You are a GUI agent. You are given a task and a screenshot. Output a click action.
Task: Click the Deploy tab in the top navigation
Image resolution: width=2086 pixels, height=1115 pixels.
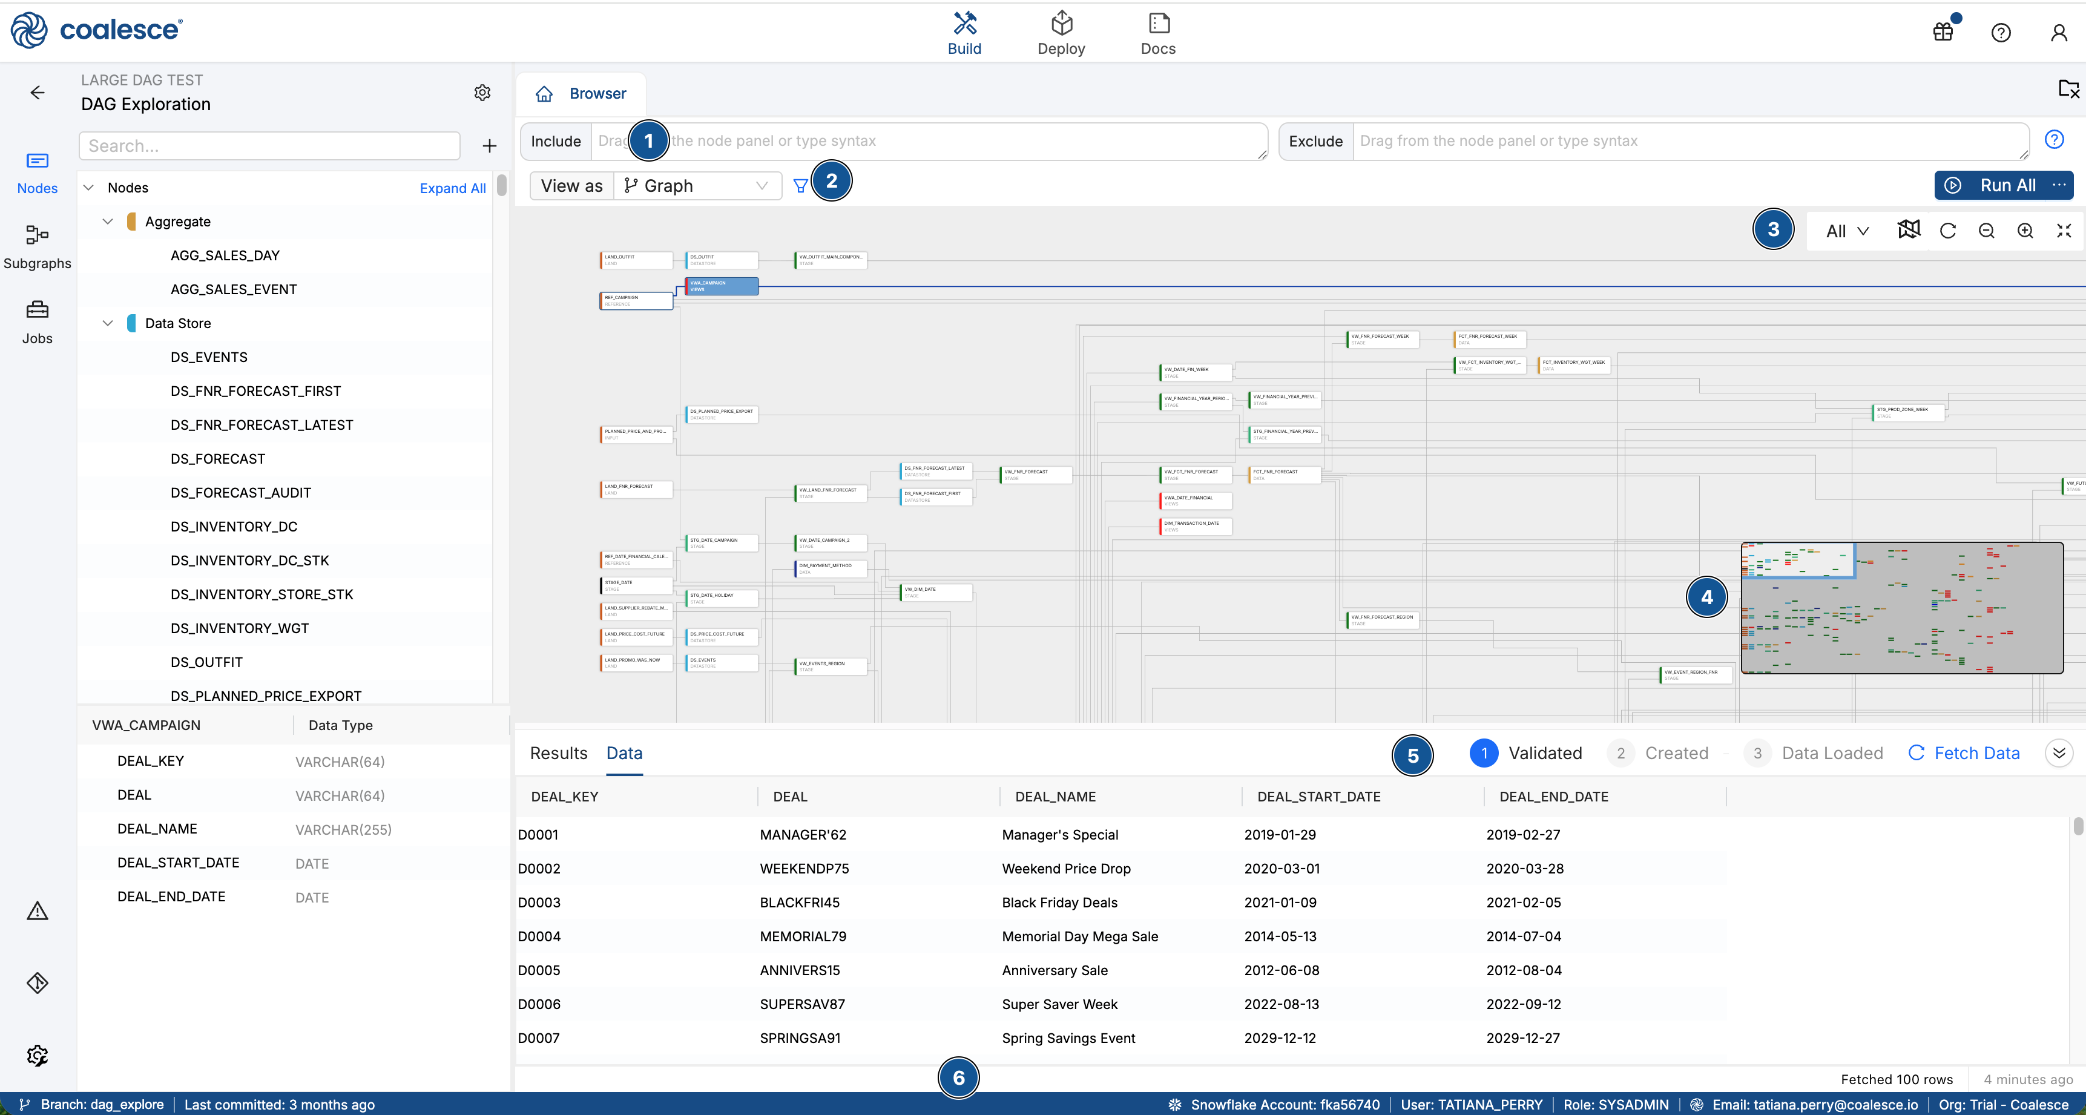click(x=1061, y=34)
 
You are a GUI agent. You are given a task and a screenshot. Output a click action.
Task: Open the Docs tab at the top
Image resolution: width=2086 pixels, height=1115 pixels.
click(x=1158, y=34)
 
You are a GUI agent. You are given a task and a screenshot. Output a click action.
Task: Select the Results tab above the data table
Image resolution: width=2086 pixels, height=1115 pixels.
click(x=559, y=753)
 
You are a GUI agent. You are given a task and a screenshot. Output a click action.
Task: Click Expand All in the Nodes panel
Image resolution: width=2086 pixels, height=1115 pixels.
click(x=453, y=188)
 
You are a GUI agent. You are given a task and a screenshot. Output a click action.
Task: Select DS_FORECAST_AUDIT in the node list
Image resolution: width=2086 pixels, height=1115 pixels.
click(x=240, y=492)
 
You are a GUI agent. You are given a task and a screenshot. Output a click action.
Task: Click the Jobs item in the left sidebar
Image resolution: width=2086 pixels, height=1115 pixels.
click(x=38, y=321)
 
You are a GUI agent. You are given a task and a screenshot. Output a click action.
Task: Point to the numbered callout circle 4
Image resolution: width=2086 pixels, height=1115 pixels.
click(x=1707, y=597)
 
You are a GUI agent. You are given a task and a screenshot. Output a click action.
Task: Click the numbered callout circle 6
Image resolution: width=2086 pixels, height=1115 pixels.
click(x=959, y=1077)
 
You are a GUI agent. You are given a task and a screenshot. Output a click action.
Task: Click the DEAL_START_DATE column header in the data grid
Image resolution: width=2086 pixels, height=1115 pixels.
click(x=1318, y=796)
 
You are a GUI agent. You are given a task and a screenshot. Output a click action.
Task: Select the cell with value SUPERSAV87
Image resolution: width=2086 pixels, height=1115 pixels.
click(x=801, y=1004)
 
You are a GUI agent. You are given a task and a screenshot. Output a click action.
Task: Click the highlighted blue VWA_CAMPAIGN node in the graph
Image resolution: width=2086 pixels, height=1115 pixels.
click(x=722, y=286)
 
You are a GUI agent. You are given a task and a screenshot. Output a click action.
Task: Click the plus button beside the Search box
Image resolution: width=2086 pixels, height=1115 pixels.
click(x=489, y=146)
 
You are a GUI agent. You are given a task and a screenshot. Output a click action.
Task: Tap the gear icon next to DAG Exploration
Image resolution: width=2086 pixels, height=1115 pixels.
click(x=482, y=92)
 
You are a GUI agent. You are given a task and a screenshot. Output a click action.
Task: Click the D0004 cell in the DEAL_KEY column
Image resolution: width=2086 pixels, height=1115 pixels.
click(x=539, y=936)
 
